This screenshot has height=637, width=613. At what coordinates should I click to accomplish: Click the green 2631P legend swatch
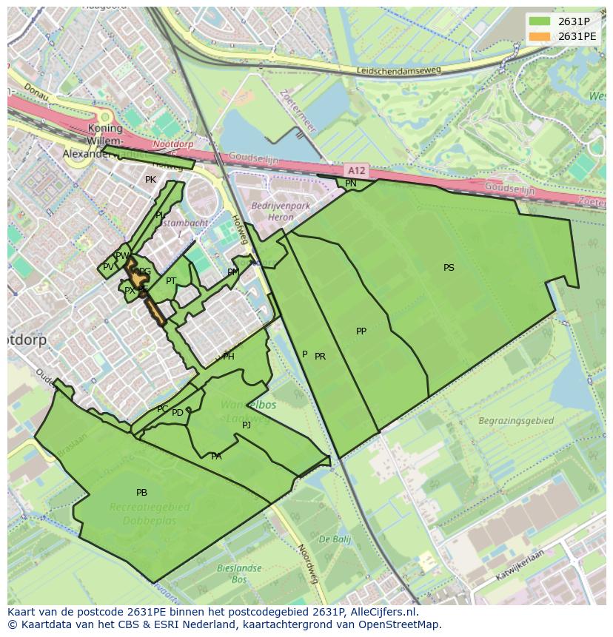pos(540,21)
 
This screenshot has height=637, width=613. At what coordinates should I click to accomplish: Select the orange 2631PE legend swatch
pos(540,36)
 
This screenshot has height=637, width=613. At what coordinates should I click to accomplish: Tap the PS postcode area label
pos(449,268)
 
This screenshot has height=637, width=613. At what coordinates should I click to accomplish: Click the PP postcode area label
pos(361,331)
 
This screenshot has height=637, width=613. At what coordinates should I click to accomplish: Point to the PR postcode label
pos(320,357)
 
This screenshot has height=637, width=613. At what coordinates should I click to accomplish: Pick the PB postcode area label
pos(141,493)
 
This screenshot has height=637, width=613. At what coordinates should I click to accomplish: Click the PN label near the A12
pos(350,183)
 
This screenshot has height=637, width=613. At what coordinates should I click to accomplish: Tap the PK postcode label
pos(150,180)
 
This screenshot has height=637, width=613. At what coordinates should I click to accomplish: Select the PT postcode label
pos(171,281)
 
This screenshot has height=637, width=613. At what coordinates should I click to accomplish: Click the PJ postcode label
pos(246,425)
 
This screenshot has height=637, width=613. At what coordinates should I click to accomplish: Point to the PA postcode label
pos(216,456)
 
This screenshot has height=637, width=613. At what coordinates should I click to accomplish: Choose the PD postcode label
pos(178,413)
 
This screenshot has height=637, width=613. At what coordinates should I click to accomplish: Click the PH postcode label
pos(229,357)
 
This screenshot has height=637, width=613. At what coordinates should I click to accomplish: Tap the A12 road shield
pos(356,169)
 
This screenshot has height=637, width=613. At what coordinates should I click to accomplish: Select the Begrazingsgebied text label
pos(515,421)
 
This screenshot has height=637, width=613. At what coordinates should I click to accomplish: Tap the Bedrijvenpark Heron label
pos(272,212)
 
